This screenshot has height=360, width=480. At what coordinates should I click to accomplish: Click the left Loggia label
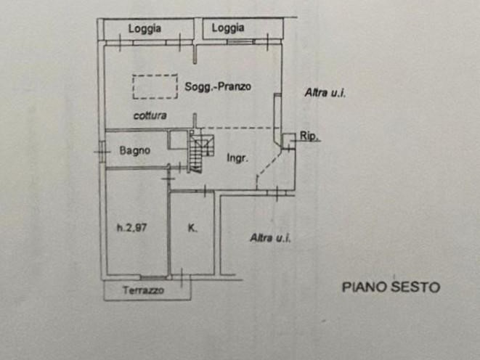[145, 29]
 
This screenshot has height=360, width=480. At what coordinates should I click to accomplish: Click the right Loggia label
[228, 28]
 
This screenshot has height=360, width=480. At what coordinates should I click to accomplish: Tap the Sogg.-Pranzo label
[218, 86]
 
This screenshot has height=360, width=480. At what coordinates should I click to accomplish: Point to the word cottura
[150, 115]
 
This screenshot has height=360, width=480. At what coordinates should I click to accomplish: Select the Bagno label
[134, 150]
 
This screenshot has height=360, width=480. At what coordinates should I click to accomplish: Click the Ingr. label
[237, 157]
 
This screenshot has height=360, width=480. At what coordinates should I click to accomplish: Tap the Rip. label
[309, 136]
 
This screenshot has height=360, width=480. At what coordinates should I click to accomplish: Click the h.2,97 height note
[132, 228]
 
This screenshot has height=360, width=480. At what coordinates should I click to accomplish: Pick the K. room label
[192, 228]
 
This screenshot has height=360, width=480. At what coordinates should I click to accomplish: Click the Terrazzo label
[143, 290]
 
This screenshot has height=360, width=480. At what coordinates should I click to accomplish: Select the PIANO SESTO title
[391, 287]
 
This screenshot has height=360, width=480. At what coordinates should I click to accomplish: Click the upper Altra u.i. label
[325, 93]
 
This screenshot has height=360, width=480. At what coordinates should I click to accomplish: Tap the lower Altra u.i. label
[270, 237]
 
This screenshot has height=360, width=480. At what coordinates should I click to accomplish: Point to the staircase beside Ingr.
[200, 152]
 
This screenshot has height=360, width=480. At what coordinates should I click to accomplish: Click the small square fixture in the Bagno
[178, 140]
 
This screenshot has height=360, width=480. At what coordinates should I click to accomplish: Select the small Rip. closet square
[289, 141]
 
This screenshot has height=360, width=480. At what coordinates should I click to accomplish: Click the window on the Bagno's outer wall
[102, 151]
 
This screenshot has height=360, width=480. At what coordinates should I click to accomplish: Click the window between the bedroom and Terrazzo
[154, 278]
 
